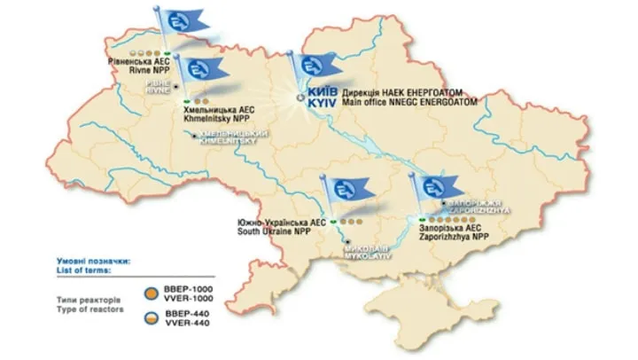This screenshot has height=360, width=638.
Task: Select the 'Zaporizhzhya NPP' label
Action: click(x=455, y=239)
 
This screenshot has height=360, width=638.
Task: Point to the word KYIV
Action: click(x=321, y=104)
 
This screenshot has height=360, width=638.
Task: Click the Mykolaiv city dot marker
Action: click(x=349, y=241)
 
